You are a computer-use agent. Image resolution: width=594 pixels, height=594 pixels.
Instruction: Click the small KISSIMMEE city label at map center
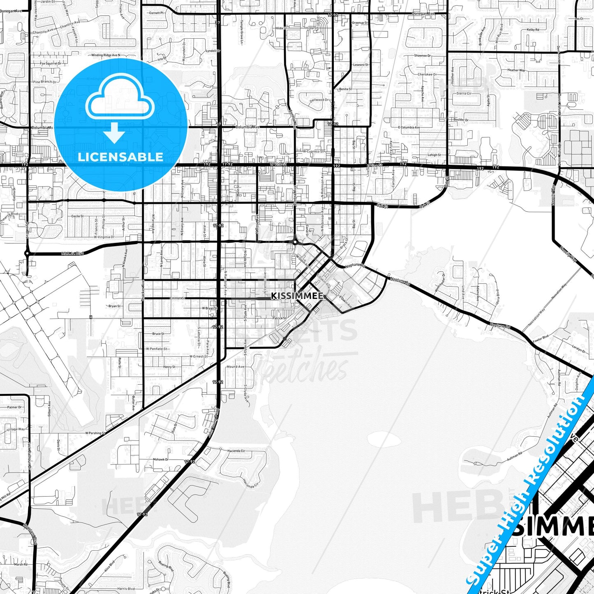(297, 296)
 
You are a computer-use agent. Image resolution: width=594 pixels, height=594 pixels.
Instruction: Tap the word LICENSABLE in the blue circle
(120, 157)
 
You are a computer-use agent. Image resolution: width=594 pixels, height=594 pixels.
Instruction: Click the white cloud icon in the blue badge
(120, 99)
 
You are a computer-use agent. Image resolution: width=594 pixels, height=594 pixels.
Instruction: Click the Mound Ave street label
(236, 367)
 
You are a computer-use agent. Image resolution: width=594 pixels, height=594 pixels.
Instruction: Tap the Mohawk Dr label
(161, 459)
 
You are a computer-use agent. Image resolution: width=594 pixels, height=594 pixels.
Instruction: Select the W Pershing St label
(95, 433)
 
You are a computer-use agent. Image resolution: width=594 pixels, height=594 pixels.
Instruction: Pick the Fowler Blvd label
(541, 339)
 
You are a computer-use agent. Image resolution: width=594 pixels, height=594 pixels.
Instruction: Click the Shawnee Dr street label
(423, 55)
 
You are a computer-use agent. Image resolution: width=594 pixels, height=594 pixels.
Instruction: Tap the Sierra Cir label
(464, 93)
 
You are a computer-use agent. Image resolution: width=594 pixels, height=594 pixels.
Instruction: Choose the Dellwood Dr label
(319, 100)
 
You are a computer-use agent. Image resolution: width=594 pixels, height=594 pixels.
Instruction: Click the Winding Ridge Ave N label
(106, 55)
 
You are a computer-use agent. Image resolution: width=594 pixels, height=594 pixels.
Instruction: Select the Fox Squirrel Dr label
(51, 64)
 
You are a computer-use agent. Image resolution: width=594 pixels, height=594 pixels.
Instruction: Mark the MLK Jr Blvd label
(72, 253)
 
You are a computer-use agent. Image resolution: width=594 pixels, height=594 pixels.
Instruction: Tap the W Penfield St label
(157, 349)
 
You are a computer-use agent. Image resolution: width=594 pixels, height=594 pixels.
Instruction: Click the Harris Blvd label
(126, 589)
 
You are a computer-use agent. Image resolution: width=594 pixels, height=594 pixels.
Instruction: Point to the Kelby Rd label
(533, 30)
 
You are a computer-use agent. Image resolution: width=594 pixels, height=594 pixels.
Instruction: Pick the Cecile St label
(77, 216)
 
